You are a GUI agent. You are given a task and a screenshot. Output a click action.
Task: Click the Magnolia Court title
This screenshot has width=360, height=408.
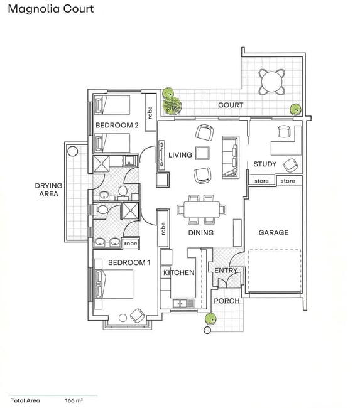[51, 9]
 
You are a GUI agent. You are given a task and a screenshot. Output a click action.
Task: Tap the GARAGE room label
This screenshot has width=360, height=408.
[273, 232]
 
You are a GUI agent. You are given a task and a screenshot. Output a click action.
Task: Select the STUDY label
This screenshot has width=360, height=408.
[265, 164]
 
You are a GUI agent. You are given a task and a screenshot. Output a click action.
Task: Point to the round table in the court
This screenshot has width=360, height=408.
[272, 82]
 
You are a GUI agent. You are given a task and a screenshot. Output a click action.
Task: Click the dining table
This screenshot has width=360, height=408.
[202, 210]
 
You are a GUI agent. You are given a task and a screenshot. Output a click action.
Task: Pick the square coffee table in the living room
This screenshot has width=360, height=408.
[202, 153]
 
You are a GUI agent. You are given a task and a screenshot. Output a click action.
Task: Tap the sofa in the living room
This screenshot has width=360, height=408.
[231, 157]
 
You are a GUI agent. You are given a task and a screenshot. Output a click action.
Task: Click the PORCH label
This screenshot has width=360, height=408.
[227, 301]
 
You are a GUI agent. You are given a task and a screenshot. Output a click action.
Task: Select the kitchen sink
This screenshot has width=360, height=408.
[183, 303]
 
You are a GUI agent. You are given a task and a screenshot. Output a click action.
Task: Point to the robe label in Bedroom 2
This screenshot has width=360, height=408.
[150, 112]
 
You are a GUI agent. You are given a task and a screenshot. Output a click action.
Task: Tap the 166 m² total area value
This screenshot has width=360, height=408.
[74, 400]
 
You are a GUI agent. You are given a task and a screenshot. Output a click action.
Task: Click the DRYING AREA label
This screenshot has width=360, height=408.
[49, 190]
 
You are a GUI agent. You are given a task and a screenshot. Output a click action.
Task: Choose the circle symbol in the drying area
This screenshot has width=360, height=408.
[73, 151]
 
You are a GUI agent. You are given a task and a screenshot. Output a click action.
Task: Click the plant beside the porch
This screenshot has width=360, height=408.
[210, 318]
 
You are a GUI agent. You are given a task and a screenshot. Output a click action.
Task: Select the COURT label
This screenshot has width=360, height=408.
[231, 105]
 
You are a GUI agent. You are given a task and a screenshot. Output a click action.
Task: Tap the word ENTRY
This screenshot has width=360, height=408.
[226, 271]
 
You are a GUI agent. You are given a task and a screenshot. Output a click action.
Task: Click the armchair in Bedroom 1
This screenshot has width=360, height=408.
[137, 315]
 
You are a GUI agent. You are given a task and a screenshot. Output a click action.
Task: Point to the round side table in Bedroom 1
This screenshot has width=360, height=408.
[123, 318]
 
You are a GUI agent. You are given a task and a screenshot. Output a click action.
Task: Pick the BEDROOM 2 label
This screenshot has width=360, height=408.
[117, 125]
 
